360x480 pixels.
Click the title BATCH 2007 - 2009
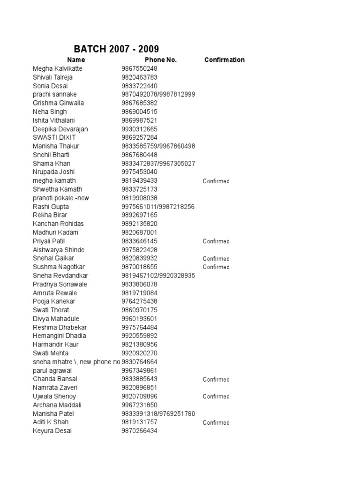(x=116, y=49)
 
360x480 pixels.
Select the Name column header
(x=76, y=60)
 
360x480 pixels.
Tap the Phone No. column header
(x=161, y=60)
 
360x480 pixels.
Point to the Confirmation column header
(x=224, y=60)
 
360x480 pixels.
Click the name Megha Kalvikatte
(x=58, y=68)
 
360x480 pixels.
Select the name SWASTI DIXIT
(x=54, y=137)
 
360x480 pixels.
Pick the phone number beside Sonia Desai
(x=139, y=86)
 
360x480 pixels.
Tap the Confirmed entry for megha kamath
(x=216, y=181)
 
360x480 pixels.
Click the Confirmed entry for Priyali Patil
(x=216, y=241)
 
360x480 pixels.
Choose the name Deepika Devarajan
(x=60, y=129)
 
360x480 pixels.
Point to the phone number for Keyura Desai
(x=139, y=431)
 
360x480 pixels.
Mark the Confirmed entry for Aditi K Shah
(x=216, y=422)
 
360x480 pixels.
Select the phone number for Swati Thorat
(x=139, y=310)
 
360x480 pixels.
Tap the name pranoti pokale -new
(x=61, y=198)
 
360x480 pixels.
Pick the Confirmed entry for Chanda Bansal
(x=216, y=379)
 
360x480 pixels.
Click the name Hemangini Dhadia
(x=60, y=336)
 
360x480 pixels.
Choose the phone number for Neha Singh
(x=139, y=112)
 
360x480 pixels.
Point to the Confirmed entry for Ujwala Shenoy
(x=216, y=397)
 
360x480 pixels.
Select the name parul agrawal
(x=52, y=370)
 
